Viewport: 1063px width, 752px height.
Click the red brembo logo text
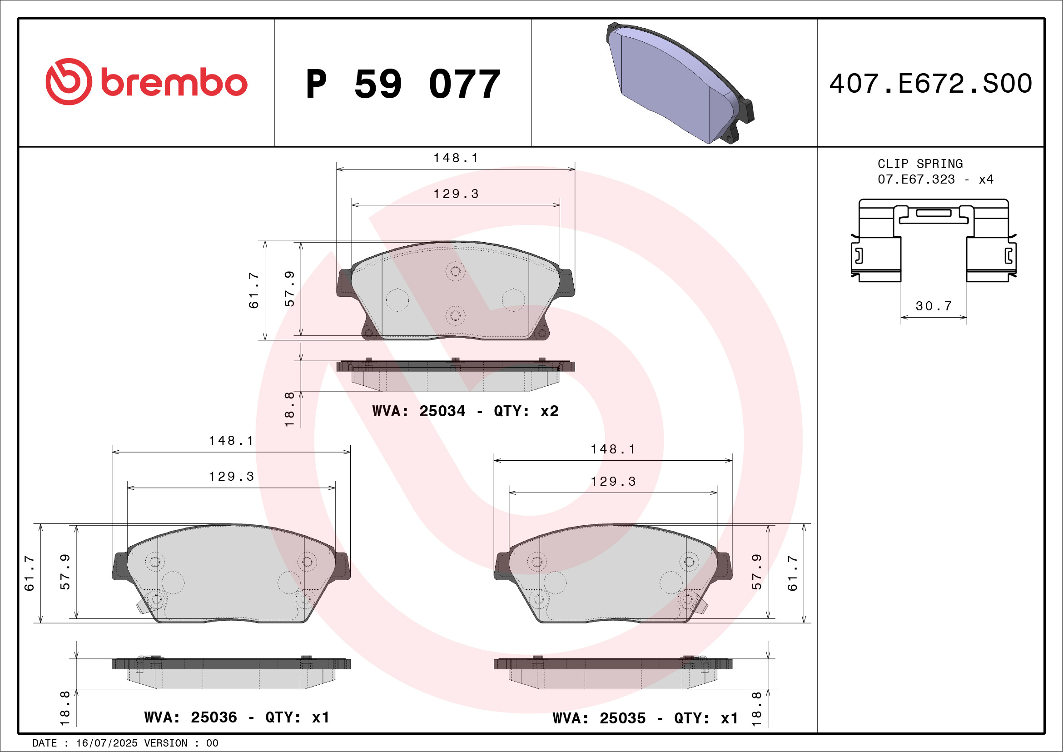pos(174,83)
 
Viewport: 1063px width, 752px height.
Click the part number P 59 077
pos(403,84)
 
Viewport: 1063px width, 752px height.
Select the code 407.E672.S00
pos(931,84)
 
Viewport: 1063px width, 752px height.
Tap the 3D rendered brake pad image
pos(679,83)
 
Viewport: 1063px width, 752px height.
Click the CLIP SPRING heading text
pos(920,164)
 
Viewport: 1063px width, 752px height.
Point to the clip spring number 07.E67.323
pos(916,179)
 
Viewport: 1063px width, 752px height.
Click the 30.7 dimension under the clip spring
pos(934,306)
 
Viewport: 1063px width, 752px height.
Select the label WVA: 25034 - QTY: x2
pos(465,411)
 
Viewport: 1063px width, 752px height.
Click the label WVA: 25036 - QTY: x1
pos(237,717)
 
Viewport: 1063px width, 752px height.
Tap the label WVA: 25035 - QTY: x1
pos(646,718)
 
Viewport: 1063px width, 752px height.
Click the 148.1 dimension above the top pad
pos(456,159)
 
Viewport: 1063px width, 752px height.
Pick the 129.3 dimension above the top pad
pos(456,194)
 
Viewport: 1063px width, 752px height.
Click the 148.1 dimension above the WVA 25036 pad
pos(231,441)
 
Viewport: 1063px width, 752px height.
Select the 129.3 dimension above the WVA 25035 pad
pos(613,482)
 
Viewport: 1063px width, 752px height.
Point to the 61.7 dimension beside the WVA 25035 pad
pos(793,573)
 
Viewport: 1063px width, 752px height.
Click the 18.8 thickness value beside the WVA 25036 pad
pos(65,708)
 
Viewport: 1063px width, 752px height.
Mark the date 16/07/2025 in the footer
pos(106,743)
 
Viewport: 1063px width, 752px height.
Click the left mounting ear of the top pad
pos(344,283)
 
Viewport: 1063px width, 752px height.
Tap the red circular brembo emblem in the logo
pos(69,82)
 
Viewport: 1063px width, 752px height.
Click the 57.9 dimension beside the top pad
pos(289,289)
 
